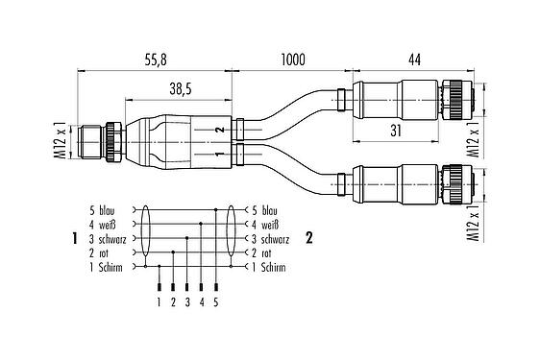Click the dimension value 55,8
(157, 60)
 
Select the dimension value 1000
(293, 60)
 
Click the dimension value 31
(396, 132)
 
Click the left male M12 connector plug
(99, 141)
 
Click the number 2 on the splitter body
(219, 130)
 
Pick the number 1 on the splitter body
(219, 154)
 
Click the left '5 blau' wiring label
(106, 209)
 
